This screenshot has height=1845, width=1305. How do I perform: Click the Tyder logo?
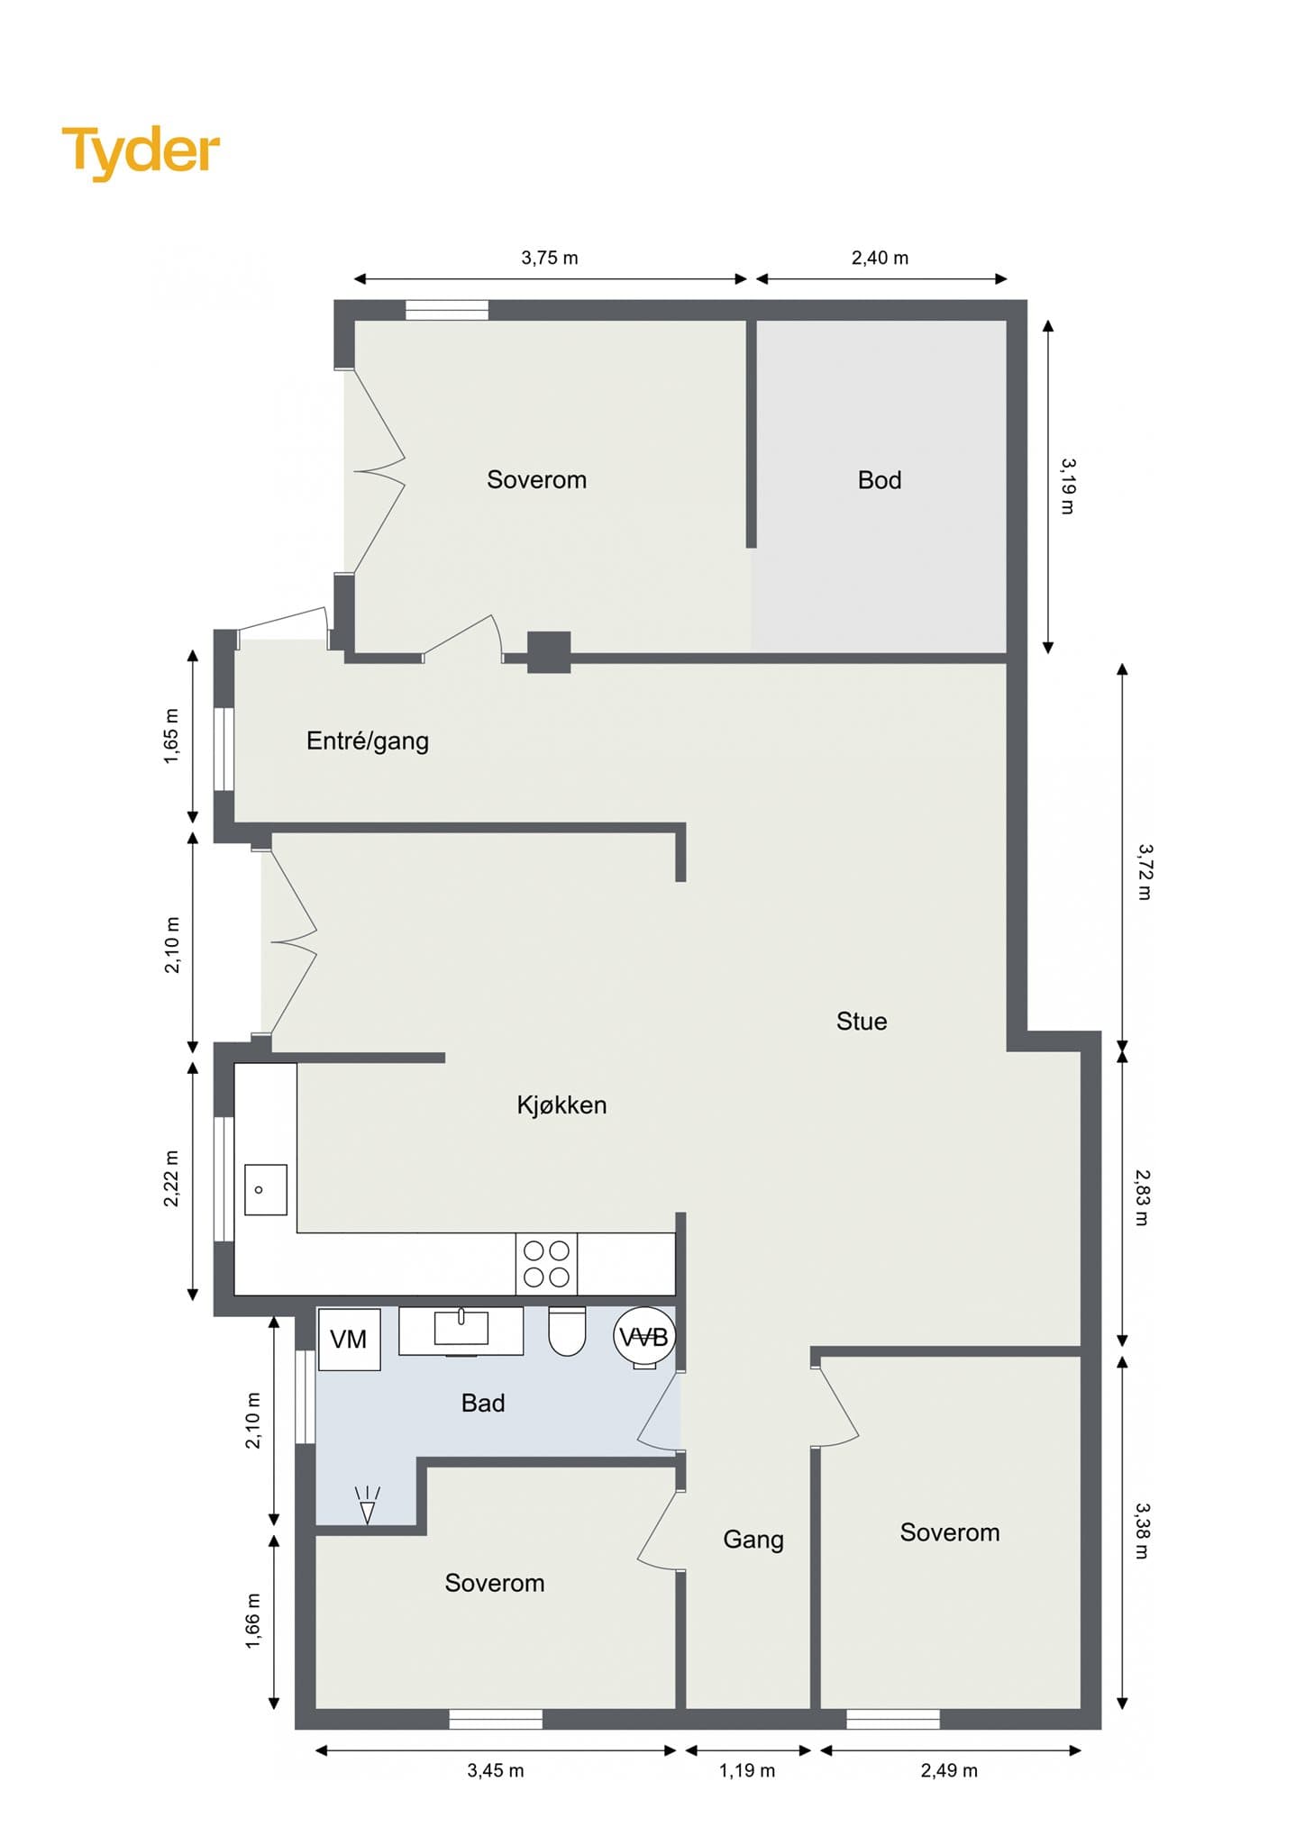tap(141, 152)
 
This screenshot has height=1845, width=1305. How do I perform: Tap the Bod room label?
tap(880, 480)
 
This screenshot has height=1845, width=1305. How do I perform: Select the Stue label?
tap(862, 1021)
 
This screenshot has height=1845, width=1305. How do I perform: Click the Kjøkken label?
tap(561, 1105)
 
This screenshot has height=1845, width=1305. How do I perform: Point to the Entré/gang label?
tap(368, 741)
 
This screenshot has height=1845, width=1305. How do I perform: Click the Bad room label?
tap(483, 1403)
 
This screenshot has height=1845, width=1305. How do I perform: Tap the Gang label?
tap(753, 1540)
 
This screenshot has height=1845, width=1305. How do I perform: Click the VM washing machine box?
tap(350, 1339)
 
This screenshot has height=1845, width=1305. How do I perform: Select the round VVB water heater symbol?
tap(644, 1338)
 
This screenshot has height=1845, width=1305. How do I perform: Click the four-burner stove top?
tap(546, 1263)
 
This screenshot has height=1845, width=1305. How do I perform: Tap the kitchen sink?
tap(266, 1189)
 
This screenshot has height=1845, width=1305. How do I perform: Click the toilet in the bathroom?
tap(567, 1331)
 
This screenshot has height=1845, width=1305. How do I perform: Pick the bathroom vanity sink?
tap(461, 1330)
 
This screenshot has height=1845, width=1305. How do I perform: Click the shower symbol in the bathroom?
tap(368, 1504)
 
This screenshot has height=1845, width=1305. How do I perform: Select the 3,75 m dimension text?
tap(550, 258)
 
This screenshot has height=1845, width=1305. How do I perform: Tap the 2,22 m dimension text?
tap(171, 1178)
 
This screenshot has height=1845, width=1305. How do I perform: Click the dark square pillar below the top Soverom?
tap(549, 652)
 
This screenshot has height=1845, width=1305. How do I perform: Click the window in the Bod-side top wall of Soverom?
tap(447, 310)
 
